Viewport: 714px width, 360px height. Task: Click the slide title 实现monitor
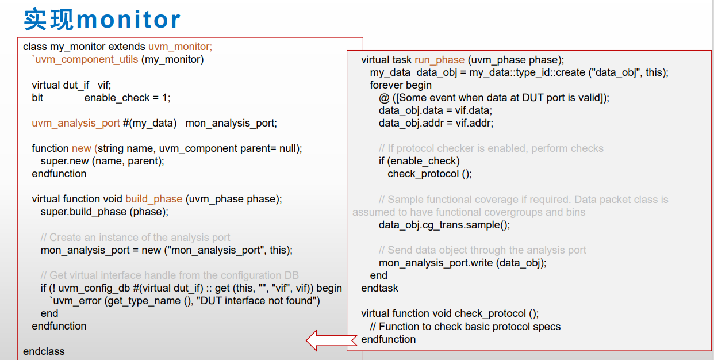point(102,20)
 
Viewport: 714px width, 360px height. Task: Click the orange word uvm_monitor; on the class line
point(180,47)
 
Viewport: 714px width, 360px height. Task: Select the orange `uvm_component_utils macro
point(85,59)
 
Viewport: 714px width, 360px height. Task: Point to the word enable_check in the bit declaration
point(117,98)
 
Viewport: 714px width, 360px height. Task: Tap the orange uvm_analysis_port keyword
point(75,123)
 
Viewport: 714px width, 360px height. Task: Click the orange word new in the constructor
point(81,148)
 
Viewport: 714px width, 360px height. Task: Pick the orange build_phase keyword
point(153,199)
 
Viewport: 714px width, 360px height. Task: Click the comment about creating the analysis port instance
point(135,238)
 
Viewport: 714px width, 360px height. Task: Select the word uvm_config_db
point(94,288)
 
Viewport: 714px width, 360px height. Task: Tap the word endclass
point(44,351)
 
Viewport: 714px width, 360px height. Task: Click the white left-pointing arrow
point(332,340)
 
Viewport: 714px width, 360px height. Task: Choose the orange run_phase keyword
point(440,60)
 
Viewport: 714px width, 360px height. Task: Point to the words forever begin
point(401,85)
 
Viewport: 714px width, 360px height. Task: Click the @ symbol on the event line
point(384,98)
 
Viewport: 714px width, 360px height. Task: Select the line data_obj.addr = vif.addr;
point(436,123)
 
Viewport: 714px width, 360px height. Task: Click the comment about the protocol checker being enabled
point(491,148)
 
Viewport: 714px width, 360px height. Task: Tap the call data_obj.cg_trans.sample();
point(444,225)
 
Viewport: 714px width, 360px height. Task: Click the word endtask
point(379,288)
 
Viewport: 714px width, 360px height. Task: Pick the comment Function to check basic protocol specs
point(465,327)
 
